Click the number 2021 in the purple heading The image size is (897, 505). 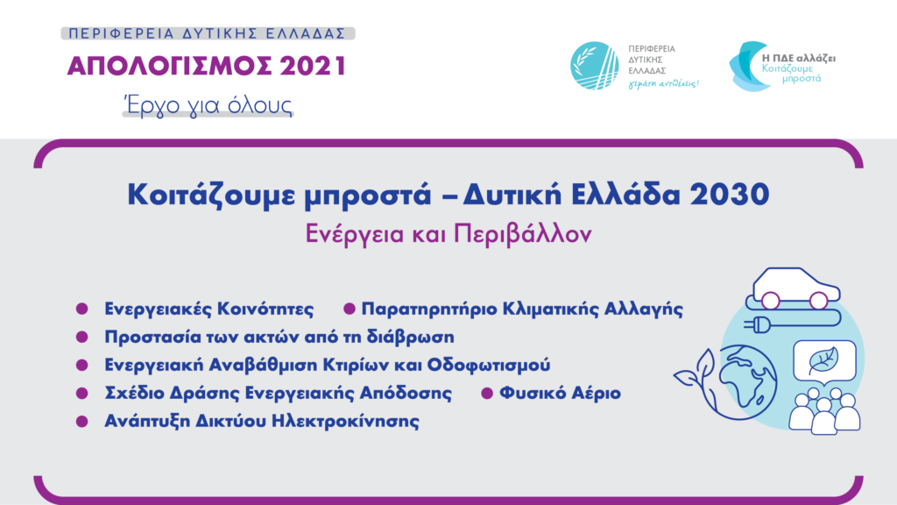313,66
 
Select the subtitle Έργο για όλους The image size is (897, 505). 208,105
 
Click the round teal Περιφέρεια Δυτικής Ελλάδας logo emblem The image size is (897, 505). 595,66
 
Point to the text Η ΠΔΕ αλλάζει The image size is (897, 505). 799,59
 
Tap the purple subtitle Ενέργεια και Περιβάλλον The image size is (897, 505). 448,234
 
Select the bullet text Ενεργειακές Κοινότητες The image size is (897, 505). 208,309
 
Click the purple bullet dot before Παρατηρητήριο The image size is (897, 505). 349,309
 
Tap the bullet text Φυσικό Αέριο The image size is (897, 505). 560,394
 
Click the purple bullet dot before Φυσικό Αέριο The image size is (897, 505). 487,394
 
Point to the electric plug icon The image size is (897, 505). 757,326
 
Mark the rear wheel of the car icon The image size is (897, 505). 771,300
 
